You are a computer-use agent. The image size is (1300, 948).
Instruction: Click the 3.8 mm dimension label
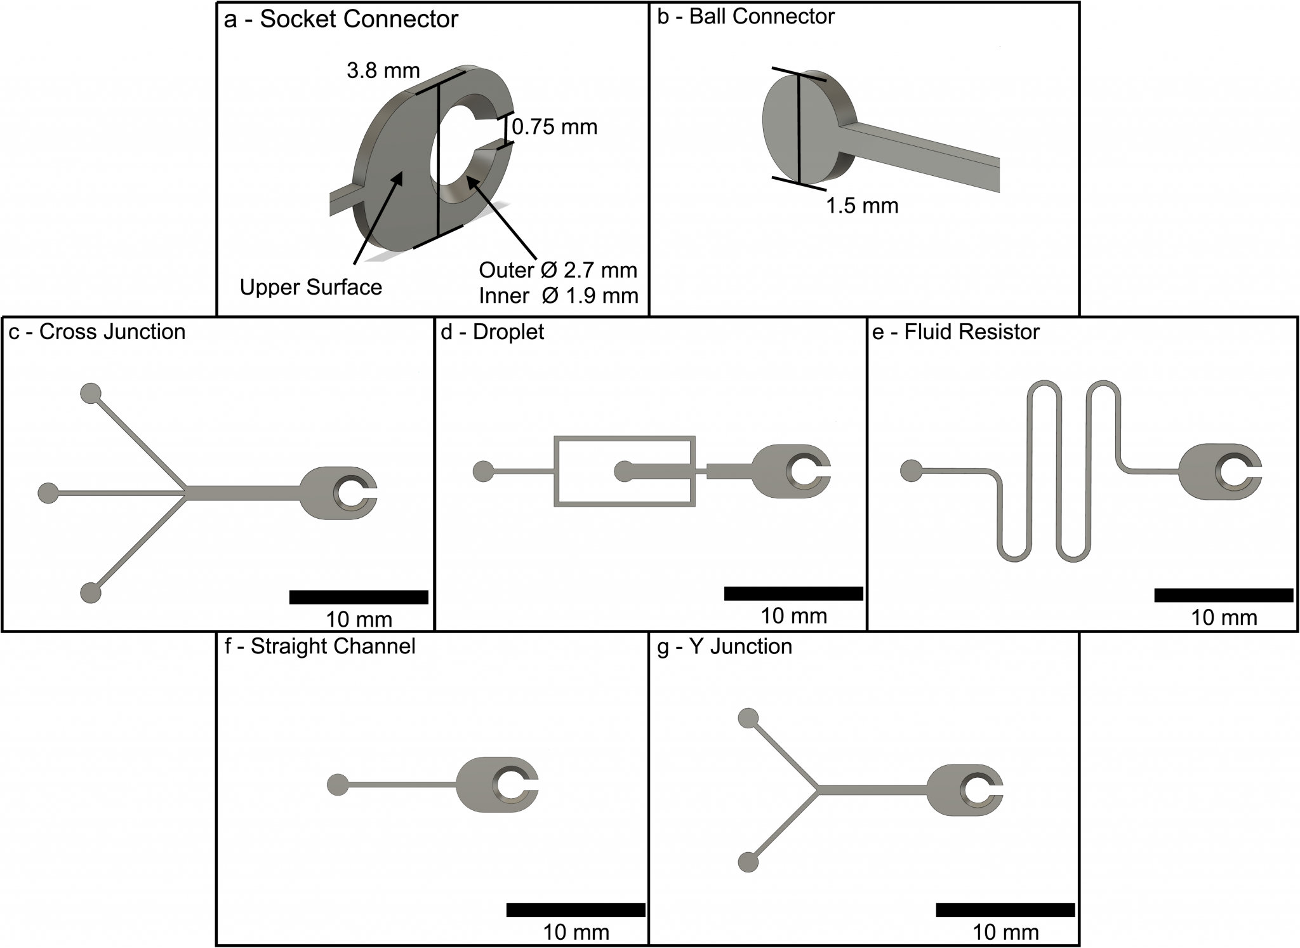(383, 70)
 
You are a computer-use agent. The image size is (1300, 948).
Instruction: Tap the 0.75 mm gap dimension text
(554, 127)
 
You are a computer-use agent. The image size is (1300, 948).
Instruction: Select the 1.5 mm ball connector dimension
(862, 206)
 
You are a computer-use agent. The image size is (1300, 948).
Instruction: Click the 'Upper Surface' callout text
(310, 288)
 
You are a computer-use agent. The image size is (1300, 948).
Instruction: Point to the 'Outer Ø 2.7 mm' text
(557, 270)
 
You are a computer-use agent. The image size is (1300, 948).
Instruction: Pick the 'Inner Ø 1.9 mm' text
(558, 296)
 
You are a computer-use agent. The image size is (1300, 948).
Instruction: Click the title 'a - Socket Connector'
(341, 19)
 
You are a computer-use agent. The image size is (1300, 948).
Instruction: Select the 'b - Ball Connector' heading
(745, 17)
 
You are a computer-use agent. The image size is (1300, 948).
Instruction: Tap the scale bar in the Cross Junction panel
(359, 597)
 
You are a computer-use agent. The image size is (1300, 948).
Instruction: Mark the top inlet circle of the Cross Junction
(91, 393)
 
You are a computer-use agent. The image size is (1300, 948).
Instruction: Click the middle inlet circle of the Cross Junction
(48, 493)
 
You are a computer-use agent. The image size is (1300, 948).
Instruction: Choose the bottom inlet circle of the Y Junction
(748, 862)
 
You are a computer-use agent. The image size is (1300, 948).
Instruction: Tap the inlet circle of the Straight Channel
(337, 785)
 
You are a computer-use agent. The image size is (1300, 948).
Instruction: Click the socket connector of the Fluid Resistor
(1219, 472)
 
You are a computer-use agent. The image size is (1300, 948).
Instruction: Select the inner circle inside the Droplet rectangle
(624, 471)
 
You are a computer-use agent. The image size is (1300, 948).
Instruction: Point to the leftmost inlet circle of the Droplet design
(483, 471)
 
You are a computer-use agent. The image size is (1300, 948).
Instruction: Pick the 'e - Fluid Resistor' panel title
(956, 331)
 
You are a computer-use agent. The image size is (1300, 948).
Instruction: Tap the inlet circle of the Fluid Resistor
(911, 471)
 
